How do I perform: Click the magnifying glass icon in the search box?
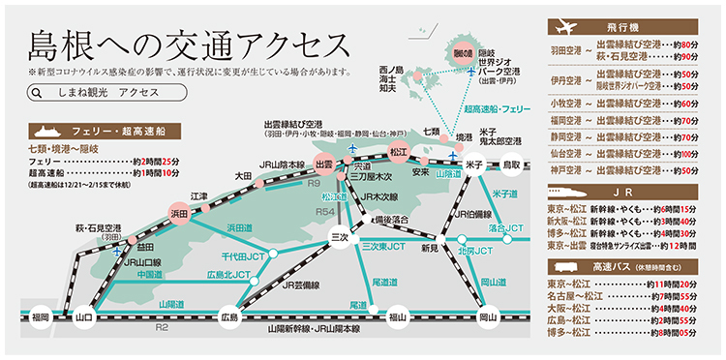[37, 94]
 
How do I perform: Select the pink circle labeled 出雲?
[324, 165]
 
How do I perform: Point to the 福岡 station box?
[39, 315]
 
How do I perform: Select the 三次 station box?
[339, 237]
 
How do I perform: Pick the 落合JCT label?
[503, 228]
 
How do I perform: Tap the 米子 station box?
[473, 165]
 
